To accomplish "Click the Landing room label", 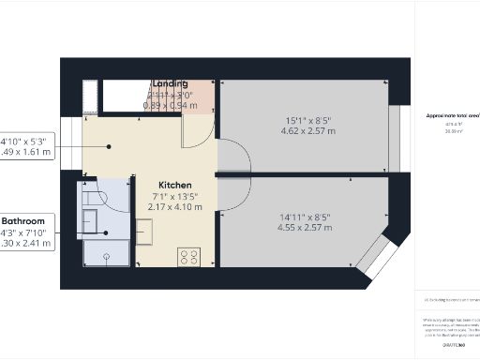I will point(171,83).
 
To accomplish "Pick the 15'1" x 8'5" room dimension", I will point(306,120).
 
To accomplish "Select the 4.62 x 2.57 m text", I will point(306,131).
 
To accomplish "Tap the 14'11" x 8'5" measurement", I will point(306,217).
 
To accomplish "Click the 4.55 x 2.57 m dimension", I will point(306,229).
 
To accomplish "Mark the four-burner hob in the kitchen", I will point(188,255).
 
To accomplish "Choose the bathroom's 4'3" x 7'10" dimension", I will point(27,232).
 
